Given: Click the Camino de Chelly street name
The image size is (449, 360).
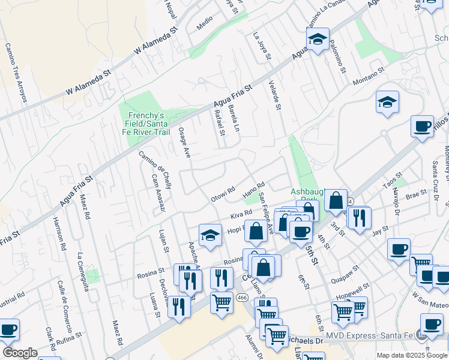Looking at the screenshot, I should (x=156, y=170).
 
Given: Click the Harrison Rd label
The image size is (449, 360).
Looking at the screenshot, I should (x=62, y=231).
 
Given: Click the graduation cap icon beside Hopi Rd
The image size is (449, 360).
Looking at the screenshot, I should (x=210, y=236).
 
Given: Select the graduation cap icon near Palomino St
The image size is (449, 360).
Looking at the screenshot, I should (x=318, y=40).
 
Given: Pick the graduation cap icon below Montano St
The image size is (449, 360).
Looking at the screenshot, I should (x=388, y=103).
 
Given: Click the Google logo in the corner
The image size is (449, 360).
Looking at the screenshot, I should (x=20, y=353).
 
